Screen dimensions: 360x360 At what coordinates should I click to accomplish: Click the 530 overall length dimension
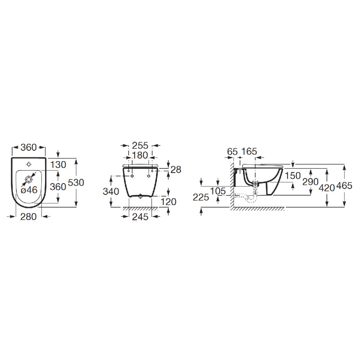point(76,183)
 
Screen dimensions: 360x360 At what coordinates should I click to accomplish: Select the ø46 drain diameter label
point(29,190)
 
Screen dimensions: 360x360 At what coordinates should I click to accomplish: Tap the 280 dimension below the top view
point(28,217)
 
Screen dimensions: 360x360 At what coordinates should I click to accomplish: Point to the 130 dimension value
point(58,165)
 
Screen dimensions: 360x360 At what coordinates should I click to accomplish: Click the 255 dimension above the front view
point(140,145)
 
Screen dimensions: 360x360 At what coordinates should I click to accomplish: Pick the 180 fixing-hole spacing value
point(140,155)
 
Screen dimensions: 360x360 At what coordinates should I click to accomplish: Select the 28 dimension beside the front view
point(176,170)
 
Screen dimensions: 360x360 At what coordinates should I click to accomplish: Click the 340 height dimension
point(111,192)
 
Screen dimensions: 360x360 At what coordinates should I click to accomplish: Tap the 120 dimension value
point(168,202)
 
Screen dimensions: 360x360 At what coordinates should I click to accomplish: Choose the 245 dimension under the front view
point(140,217)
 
